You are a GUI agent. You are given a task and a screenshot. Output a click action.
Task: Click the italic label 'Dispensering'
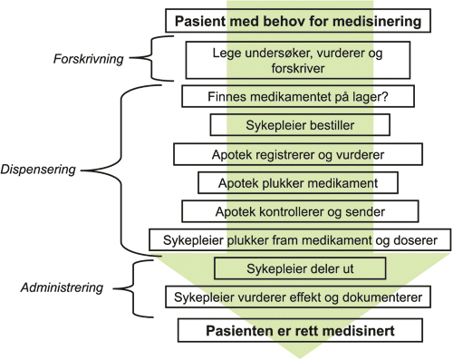[39, 169]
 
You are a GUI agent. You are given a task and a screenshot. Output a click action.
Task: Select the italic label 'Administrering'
[60, 288]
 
